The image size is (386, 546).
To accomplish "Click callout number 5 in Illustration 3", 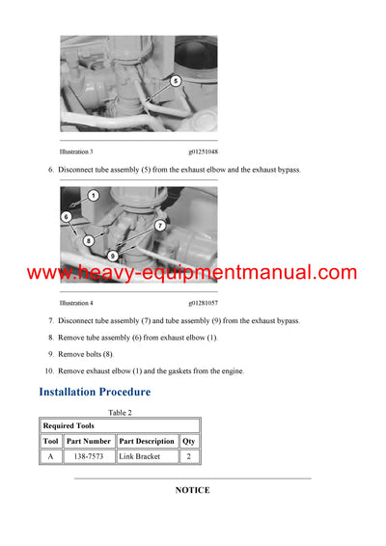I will (x=176, y=81).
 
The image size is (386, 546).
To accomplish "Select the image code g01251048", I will (x=203, y=152).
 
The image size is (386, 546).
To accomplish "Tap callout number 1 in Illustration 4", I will (x=93, y=196).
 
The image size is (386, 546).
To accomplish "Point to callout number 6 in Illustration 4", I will (x=67, y=217).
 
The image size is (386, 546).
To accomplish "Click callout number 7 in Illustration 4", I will (x=159, y=226).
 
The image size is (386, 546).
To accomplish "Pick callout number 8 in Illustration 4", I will (x=88, y=240).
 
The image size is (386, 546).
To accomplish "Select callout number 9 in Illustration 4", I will (x=113, y=256).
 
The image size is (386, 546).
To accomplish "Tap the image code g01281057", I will (x=203, y=303).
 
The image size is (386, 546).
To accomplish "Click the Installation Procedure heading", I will (x=95, y=392).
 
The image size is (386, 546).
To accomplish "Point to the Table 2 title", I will (x=121, y=412).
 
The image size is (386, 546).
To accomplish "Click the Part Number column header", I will (x=89, y=441).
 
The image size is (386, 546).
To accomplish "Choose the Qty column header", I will (x=189, y=441).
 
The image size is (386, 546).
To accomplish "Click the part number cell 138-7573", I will (x=89, y=456).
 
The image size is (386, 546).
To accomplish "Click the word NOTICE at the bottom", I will (x=192, y=490).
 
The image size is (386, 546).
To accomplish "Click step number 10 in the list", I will (x=48, y=370).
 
